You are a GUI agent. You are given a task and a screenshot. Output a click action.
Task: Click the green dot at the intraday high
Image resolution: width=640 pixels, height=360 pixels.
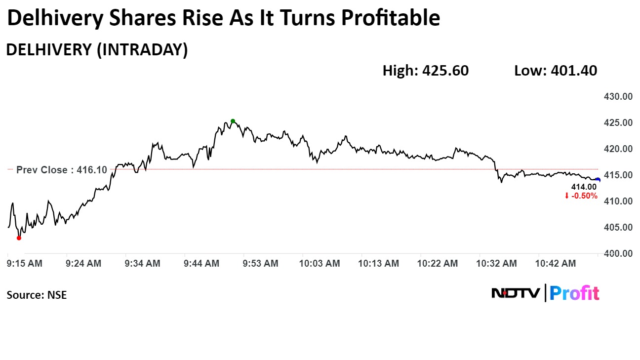click(233, 121)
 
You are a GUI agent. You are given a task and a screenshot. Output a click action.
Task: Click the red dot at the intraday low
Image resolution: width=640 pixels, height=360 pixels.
click(19, 238)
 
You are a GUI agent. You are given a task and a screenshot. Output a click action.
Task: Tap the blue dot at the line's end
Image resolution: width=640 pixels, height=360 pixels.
click(598, 180)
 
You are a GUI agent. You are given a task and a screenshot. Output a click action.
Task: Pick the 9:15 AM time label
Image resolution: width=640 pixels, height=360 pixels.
click(25, 264)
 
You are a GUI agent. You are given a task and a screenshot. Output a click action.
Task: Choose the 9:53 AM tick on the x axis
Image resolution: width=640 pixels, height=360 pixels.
click(260, 264)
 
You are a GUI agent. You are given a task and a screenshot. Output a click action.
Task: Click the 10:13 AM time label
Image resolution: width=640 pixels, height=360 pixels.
click(379, 264)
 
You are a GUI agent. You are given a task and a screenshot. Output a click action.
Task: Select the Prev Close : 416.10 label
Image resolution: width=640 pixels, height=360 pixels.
click(62, 170)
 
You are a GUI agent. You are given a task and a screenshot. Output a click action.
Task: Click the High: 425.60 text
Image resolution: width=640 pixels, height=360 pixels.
click(426, 71)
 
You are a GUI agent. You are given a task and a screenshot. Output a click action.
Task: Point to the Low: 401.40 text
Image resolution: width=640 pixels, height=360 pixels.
click(556, 71)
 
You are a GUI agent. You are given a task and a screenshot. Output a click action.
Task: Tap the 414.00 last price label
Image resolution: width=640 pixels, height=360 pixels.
click(584, 187)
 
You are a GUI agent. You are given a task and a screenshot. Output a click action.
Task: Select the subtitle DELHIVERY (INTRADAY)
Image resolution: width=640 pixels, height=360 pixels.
click(97, 50)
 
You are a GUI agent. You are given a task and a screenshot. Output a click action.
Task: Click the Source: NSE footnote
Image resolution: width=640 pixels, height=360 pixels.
click(37, 295)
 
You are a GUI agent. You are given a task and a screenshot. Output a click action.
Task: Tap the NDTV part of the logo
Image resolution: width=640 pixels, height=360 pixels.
click(516, 293)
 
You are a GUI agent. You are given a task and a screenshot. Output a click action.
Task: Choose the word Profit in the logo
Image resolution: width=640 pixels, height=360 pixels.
click(574, 293)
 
